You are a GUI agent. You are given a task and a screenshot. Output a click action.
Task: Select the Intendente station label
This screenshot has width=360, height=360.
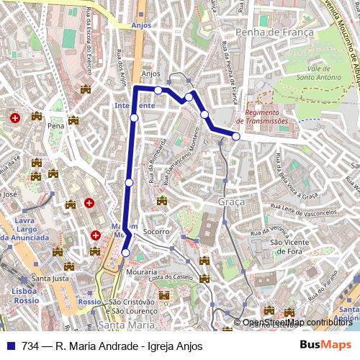(135, 105)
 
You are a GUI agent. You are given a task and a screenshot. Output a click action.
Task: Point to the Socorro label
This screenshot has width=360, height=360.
(156, 232)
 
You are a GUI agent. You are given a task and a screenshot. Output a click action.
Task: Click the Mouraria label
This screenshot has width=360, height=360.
(141, 272)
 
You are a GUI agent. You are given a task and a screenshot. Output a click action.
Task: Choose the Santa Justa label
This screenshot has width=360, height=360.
(50, 279)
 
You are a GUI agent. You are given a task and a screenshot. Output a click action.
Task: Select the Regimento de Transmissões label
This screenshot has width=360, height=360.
(266, 117)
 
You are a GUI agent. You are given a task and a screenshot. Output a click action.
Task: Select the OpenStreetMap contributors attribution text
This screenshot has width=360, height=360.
(297, 323)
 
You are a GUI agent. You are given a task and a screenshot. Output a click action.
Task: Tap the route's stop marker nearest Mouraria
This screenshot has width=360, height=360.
(126, 253)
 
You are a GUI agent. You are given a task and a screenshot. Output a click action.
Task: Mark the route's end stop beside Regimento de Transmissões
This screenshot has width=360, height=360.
(236, 136)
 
